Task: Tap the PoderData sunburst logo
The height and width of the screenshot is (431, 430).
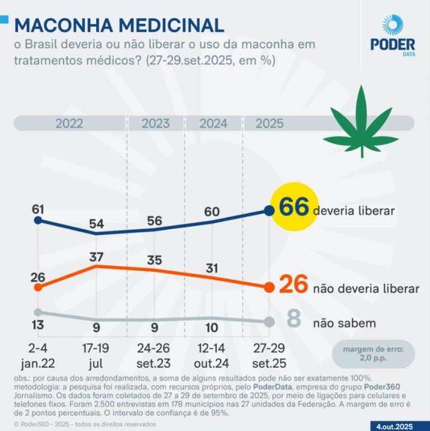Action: (392, 26)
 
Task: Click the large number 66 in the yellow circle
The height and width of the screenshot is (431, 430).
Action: (294, 207)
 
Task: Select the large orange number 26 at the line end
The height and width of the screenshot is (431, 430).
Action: (293, 285)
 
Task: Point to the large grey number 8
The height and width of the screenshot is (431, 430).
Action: (293, 320)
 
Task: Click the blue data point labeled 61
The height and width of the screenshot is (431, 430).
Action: (38, 220)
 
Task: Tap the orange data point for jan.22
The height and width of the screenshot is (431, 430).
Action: (38, 287)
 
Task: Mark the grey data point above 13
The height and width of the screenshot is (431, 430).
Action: (38, 312)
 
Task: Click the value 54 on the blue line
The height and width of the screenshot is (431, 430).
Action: (97, 224)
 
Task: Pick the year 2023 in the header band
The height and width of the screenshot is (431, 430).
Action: (156, 124)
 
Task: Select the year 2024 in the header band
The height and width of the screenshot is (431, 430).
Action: (213, 124)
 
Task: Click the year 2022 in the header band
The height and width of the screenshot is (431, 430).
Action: (69, 124)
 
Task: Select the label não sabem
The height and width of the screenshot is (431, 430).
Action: (344, 323)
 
